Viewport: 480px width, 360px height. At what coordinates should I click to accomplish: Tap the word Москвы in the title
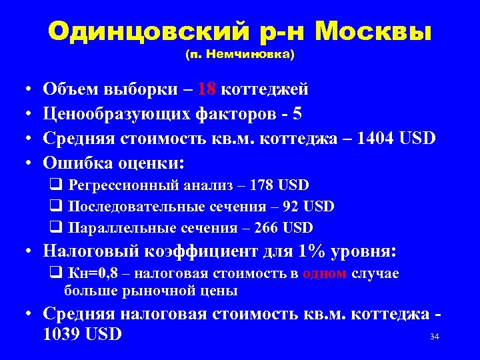(x=373, y=31)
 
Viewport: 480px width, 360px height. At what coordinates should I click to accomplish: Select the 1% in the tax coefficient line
(x=313, y=251)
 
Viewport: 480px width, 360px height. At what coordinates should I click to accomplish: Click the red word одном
(x=323, y=274)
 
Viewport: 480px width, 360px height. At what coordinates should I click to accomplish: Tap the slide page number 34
(x=435, y=337)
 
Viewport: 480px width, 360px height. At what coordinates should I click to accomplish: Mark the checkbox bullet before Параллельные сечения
(x=56, y=228)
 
